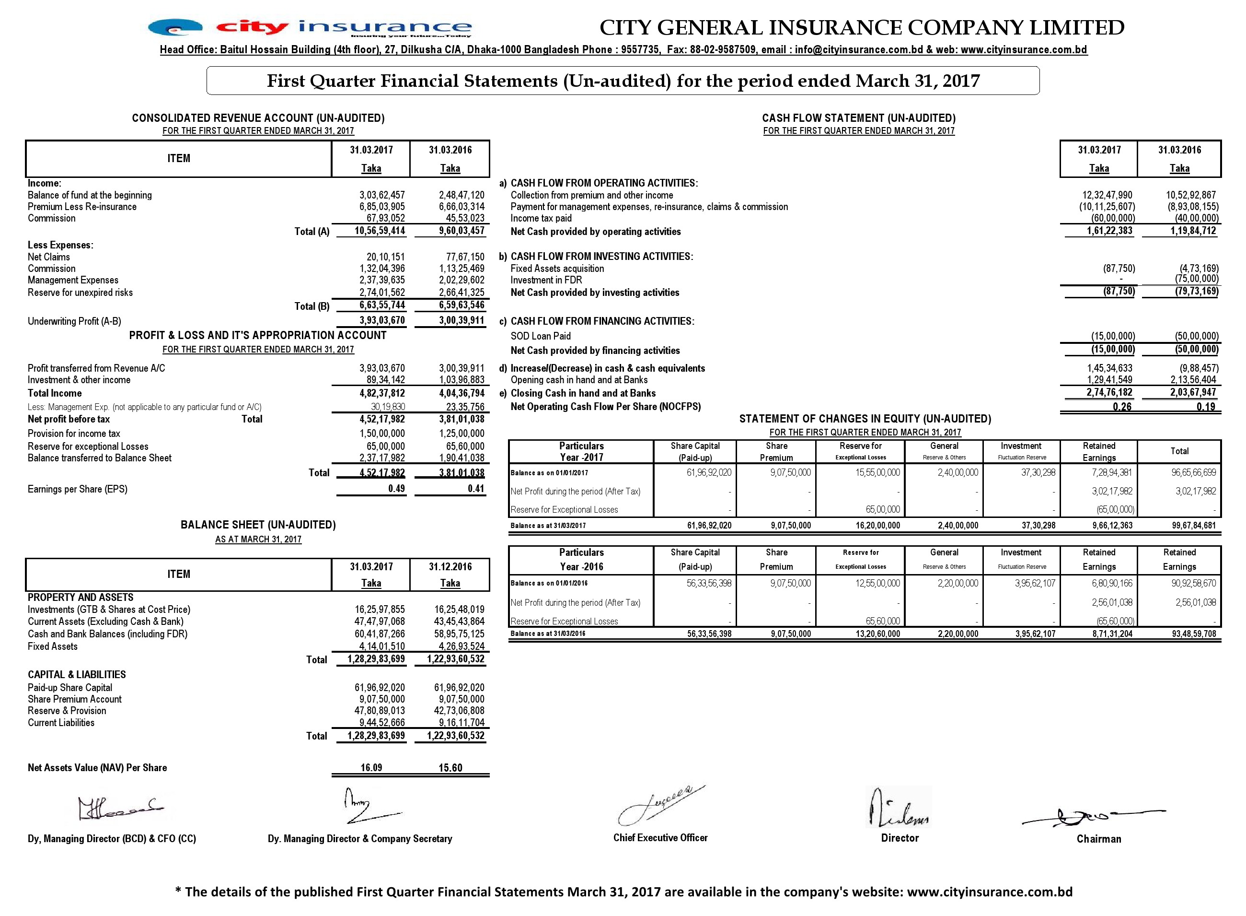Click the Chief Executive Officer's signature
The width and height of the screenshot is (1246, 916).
[660, 806]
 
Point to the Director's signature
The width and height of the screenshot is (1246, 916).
[899, 807]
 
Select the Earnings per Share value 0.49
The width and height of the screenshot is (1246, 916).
[396, 489]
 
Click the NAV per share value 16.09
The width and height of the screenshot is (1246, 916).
[371, 767]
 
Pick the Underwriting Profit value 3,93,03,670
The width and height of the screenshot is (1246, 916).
[382, 320]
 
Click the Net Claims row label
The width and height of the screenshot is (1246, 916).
[49, 257]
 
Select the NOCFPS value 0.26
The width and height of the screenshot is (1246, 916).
[1122, 406]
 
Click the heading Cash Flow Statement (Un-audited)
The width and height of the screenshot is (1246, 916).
[858, 118]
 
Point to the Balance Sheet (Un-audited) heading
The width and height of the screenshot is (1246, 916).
[258, 525]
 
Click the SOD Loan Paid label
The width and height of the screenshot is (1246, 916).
[540, 336]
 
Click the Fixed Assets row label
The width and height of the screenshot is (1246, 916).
[53, 646]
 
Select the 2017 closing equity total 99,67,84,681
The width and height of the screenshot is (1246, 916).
[1193, 525]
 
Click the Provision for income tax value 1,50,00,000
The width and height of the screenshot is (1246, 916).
[382, 434]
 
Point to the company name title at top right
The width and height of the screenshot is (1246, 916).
[862, 27]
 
